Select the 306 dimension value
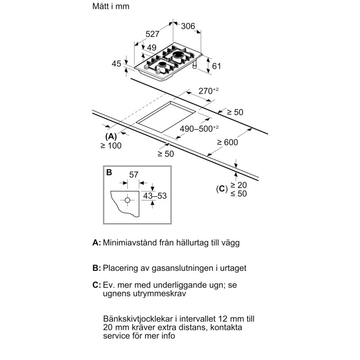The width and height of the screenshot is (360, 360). [188, 27]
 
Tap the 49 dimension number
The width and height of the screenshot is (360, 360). [152, 48]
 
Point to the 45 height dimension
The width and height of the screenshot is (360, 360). [116, 64]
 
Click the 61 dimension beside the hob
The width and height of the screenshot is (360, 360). [217, 66]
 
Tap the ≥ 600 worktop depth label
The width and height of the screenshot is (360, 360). [227, 143]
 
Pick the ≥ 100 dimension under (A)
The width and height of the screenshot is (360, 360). [111, 145]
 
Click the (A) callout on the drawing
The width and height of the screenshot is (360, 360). [111, 136]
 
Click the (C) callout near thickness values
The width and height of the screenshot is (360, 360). [220, 189]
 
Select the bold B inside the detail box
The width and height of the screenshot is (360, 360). [109, 172]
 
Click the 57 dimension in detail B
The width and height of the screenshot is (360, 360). [133, 175]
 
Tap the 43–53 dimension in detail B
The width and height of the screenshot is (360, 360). [153, 196]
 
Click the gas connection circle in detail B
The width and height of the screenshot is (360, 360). [128, 199]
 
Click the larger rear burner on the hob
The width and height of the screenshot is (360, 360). [180, 56]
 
